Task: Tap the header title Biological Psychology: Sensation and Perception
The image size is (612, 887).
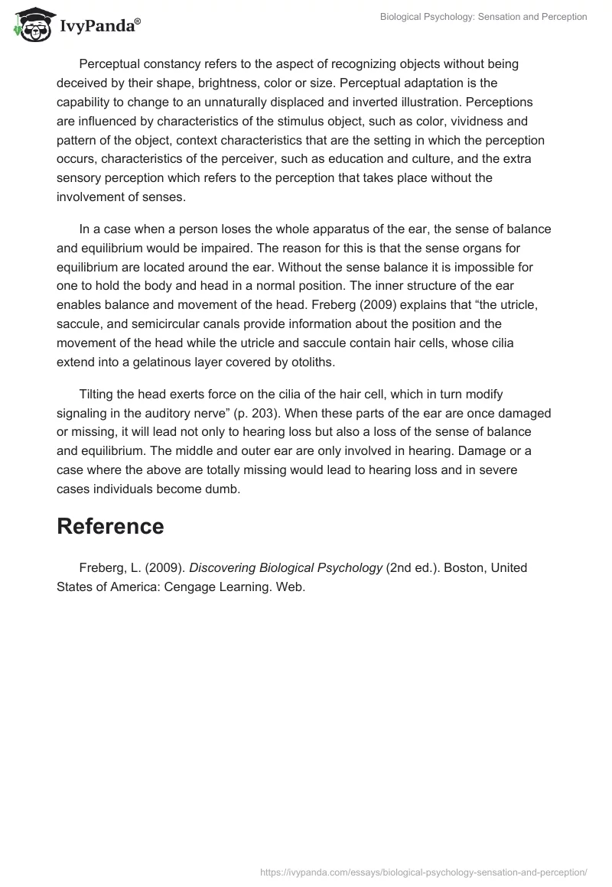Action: click(483, 17)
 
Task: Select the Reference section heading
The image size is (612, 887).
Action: click(110, 526)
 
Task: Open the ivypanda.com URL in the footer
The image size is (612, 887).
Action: click(424, 871)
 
